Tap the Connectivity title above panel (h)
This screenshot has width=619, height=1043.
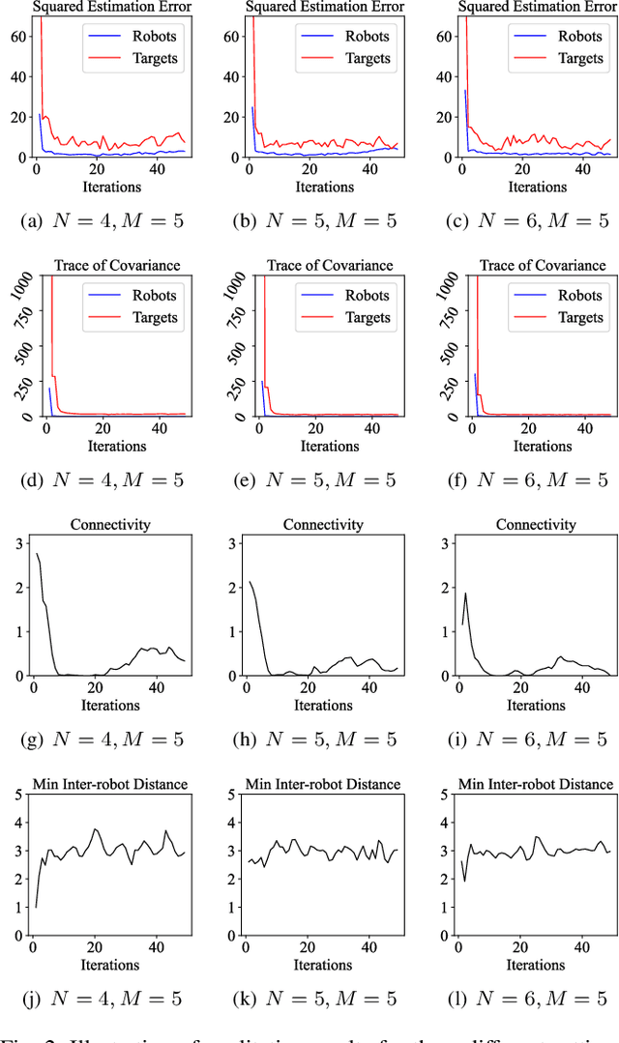[323, 525]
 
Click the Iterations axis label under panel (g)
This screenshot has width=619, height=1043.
[110, 705]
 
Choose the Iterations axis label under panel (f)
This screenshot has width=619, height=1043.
[536, 446]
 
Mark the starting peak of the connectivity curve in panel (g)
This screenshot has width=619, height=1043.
[37, 554]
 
